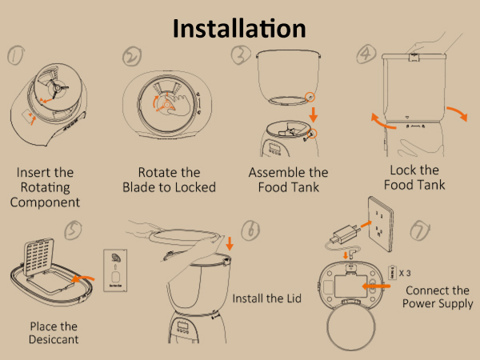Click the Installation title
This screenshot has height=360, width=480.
(239, 29)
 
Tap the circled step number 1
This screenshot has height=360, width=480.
(16, 55)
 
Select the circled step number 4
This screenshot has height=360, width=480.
(366, 54)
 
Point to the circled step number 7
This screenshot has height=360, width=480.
(420, 231)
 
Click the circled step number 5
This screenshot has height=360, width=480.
(73, 230)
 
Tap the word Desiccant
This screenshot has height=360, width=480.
(54, 339)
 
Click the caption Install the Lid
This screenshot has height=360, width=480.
(267, 298)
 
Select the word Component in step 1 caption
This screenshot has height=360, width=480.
(45, 202)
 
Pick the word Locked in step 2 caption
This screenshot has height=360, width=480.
(196, 187)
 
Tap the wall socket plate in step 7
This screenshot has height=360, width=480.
(381, 224)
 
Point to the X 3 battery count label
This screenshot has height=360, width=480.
(405, 273)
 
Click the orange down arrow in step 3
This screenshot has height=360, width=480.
(313, 114)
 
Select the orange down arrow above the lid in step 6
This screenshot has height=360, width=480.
(230, 243)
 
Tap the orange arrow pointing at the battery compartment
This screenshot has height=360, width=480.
(376, 286)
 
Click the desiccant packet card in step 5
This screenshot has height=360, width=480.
(115, 270)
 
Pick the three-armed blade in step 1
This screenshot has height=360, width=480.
(57, 89)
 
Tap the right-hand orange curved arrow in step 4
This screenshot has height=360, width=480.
(458, 113)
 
